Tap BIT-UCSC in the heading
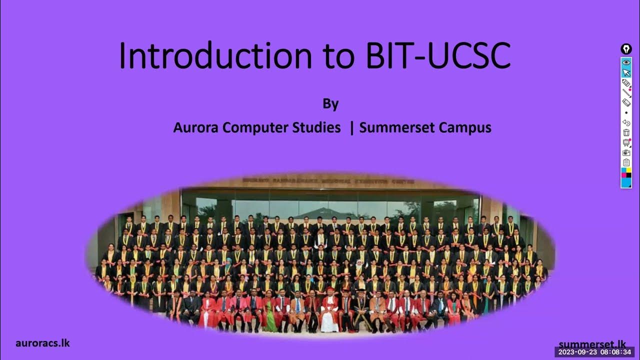[x=438, y=55]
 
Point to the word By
[x=330, y=104]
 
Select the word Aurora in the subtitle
[x=196, y=127]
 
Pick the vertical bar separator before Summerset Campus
[x=352, y=127]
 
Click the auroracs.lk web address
[x=42, y=343]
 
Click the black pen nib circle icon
[x=626, y=49]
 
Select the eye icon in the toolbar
[x=626, y=62]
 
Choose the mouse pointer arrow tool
[x=626, y=72]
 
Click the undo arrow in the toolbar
[x=626, y=122]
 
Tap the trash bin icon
[x=626, y=132]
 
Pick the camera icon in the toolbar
[x=626, y=152]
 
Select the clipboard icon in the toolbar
[x=626, y=162]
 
